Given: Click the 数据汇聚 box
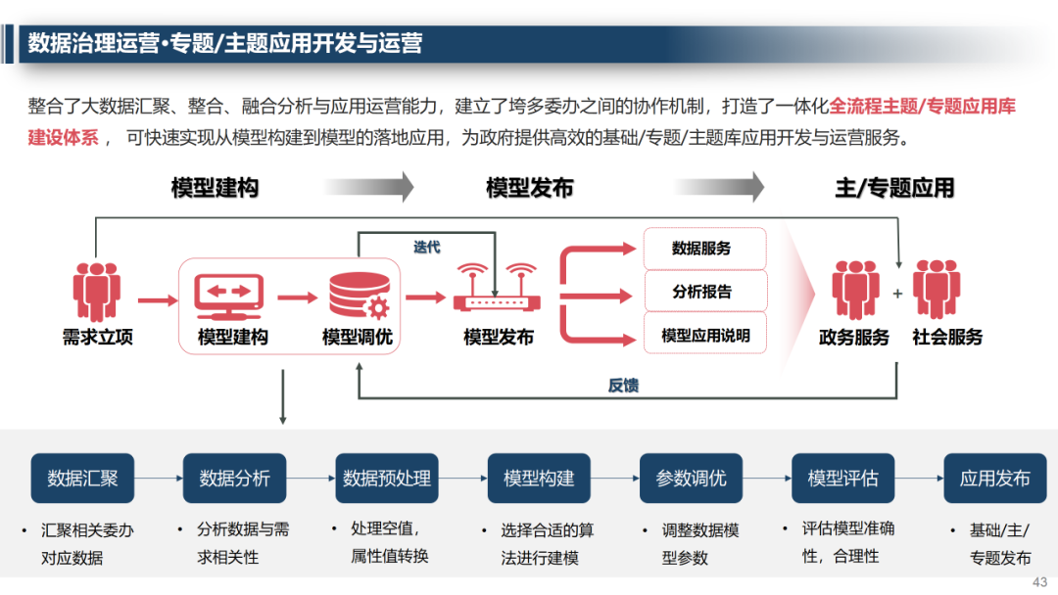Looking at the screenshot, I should [82, 479].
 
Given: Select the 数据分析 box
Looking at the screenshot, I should [234, 479].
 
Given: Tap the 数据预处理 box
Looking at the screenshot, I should [386, 479].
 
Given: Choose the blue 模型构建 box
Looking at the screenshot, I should [539, 479].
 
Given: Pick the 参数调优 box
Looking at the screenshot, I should [691, 479].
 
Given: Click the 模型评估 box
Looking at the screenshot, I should [842, 479].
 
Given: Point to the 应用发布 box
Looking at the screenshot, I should [994, 479].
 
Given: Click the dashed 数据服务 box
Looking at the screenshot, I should [704, 249].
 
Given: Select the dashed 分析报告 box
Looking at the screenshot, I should [704, 292].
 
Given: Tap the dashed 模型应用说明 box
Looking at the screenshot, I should [704, 335].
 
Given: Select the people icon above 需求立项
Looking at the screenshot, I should [97, 292].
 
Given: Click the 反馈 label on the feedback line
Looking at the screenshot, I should [623, 386].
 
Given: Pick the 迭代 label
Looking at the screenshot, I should [426, 248].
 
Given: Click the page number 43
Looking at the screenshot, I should [1040, 581].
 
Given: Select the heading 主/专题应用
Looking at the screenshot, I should [894, 188].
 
